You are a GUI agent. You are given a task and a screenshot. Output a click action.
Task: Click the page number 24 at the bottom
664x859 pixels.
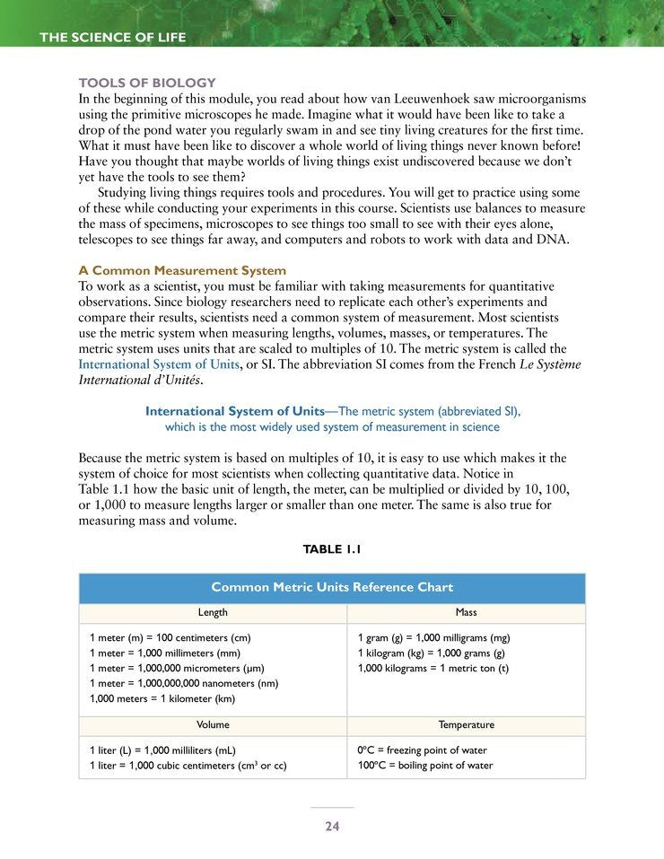click(332, 827)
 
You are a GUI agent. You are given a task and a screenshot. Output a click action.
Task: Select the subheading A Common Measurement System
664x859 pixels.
click(182, 270)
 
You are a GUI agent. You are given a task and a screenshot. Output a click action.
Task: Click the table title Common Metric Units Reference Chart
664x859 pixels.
click(332, 588)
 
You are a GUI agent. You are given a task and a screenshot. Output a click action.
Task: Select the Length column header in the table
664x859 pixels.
click(213, 612)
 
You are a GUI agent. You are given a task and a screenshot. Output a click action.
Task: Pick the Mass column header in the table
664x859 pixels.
click(466, 612)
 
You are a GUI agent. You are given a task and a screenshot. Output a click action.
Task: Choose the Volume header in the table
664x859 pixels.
click(213, 724)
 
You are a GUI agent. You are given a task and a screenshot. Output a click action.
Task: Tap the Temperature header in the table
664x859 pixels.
click(466, 724)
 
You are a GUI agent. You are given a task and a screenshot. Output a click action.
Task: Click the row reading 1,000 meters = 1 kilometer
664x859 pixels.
click(162, 698)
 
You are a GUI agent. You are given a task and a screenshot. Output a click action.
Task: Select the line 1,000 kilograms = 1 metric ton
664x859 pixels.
click(432, 668)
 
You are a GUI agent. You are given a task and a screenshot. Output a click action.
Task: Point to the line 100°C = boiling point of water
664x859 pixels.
click(425, 766)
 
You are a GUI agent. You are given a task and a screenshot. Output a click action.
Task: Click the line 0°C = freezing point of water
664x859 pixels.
click(422, 749)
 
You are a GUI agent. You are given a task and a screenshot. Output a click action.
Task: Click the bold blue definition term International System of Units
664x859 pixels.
click(234, 411)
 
